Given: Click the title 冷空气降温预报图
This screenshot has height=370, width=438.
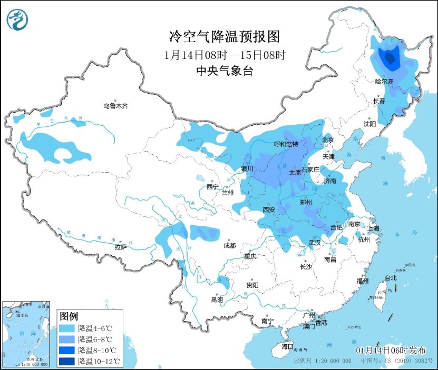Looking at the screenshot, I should (223, 36).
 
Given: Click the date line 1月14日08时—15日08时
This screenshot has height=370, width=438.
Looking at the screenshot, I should (224, 54).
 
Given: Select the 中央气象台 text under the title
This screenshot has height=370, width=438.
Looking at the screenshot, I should (224, 71).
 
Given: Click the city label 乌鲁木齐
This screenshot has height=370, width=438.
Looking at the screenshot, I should (115, 106).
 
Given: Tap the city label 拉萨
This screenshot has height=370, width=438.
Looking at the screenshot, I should (121, 246).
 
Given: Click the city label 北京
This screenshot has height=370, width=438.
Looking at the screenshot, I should (328, 140).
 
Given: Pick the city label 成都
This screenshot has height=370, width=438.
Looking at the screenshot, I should (229, 245).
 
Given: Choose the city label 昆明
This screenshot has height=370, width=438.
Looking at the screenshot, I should (217, 299).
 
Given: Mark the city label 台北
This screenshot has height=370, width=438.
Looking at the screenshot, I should (391, 277).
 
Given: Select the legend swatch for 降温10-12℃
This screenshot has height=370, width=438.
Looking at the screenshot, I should (67, 361).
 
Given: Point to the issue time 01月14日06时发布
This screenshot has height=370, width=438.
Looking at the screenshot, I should (391, 351).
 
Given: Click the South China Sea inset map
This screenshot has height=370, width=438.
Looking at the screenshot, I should (26, 334).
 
